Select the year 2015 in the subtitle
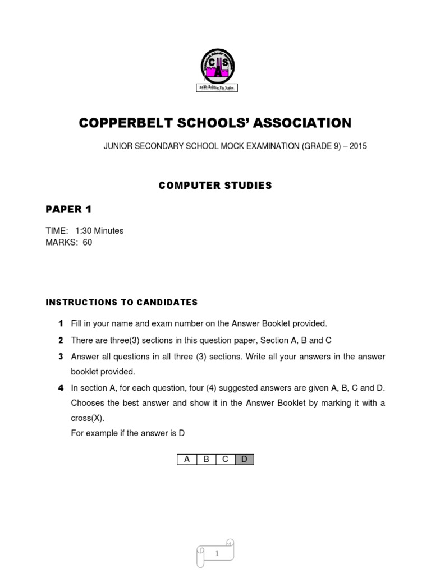tap(357, 146)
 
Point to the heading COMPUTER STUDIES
tap(215, 186)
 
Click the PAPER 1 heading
tap(68, 210)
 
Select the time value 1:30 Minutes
tap(99, 231)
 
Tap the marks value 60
tap(87, 243)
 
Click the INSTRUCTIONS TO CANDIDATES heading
tap(121, 303)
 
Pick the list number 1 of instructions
tap(61, 323)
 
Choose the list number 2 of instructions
tap(61, 340)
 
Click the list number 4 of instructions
tap(61, 388)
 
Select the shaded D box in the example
tap(244, 460)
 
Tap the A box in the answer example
tap(187, 460)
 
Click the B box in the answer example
tap(206, 460)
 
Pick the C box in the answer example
tap(225, 460)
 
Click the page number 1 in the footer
tap(216, 554)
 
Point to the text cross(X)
tap(88, 419)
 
